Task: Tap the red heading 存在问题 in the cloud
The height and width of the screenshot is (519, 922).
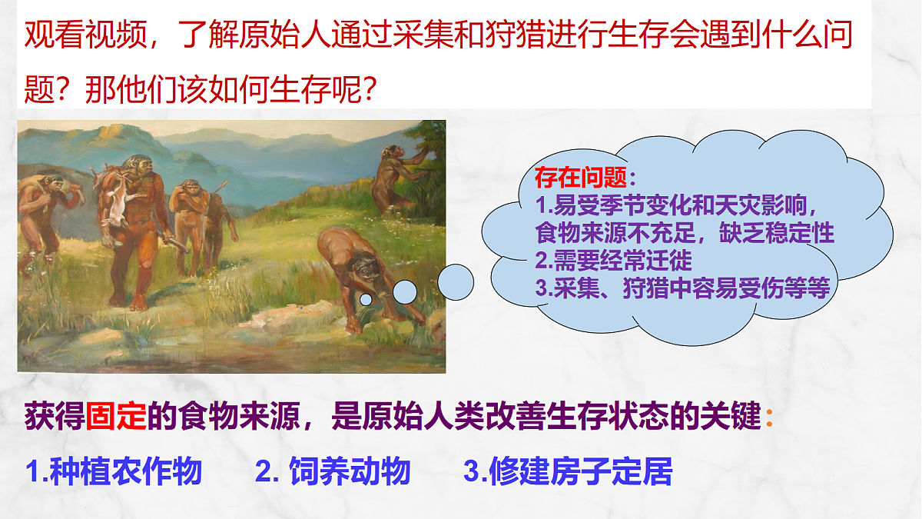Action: click(x=581, y=179)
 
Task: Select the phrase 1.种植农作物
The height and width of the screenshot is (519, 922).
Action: click(x=114, y=471)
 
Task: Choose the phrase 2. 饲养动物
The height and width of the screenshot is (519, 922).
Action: click(x=333, y=471)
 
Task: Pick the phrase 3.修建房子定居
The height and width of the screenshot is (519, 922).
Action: click(x=568, y=471)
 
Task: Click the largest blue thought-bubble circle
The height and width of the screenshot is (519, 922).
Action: click(x=456, y=282)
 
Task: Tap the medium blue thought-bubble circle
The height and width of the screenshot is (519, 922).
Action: click(x=405, y=291)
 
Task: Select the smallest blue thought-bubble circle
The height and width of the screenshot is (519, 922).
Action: click(x=366, y=298)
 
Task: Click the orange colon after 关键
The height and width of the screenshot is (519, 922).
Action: click(x=770, y=418)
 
